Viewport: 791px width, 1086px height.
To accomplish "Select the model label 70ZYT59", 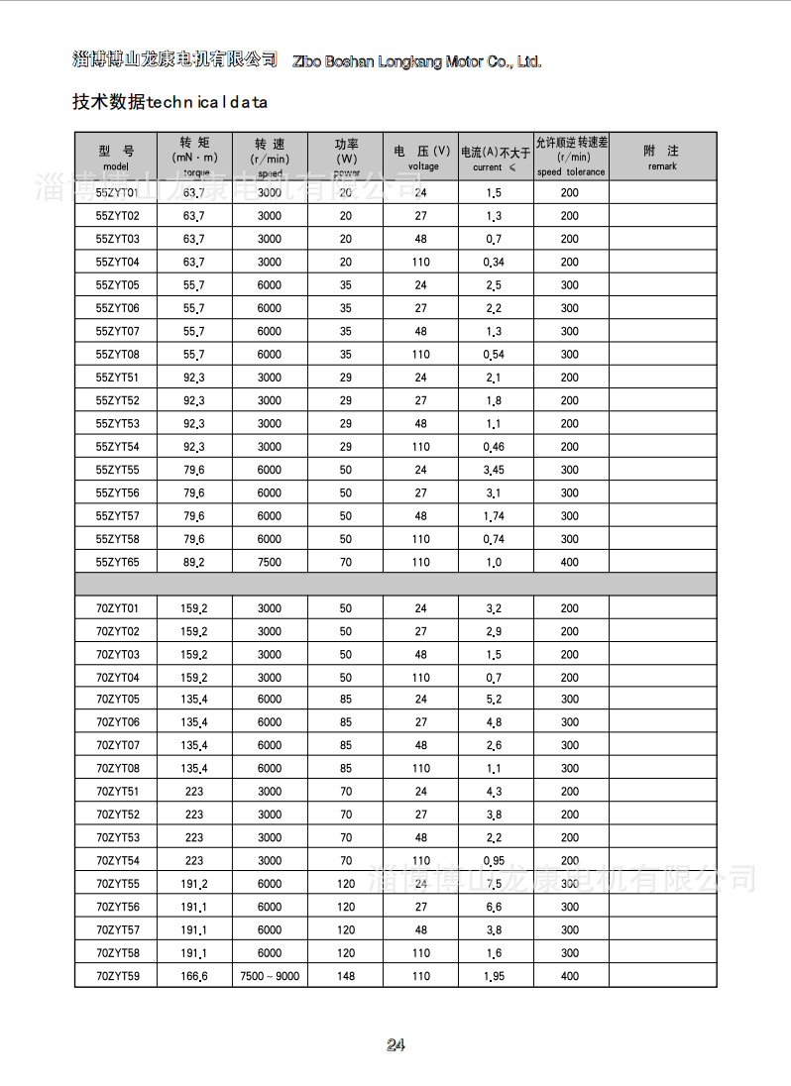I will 118,976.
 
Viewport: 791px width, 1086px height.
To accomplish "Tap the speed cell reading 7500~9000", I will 270,976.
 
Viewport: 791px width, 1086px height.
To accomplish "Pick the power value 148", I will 346,976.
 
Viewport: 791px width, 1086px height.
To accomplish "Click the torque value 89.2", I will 194,562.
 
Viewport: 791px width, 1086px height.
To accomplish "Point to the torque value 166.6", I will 194,976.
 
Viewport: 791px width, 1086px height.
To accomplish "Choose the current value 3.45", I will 494,470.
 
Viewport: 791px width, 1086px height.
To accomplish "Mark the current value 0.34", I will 494,262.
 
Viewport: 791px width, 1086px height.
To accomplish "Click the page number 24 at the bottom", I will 395,1045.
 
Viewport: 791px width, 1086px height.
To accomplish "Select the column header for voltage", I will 421,157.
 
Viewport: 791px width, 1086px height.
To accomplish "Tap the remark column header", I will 662,157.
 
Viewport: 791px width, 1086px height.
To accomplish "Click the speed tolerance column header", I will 572,157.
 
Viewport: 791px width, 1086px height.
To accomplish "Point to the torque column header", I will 195,157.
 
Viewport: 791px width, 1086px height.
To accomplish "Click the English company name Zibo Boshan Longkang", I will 417,61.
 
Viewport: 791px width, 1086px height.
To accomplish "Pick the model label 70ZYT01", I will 118,607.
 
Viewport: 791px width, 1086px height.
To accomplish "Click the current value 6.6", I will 494,907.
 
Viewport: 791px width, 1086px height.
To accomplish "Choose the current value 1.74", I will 494,516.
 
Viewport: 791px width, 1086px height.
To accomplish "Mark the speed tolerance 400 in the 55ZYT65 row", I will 570,562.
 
